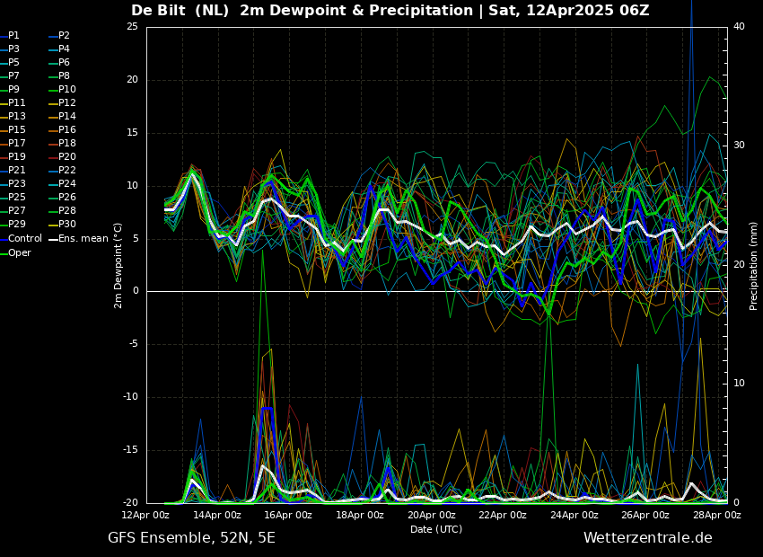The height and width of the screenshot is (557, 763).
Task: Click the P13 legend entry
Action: click(x=13, y=116)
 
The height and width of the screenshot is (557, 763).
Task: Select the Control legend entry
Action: click(x=21, y=239)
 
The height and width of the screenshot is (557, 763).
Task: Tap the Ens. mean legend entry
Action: click(x=78, y=239)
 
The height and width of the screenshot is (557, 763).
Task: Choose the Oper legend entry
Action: click(x=15, y=252)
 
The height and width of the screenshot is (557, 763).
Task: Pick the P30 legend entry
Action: click(x=63, y=224)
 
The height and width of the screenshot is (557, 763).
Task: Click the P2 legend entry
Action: click(x=59, y=36)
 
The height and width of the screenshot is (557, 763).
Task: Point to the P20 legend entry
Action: click(x=63, y=157)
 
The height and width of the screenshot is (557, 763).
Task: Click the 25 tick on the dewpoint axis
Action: click(x=132, y=26)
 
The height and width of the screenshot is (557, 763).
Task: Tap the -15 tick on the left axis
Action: click(x=130, y=450)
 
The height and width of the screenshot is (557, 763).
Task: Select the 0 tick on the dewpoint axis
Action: click(x=136, y=291)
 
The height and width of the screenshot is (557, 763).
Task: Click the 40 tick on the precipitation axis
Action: click(x=739, y=26)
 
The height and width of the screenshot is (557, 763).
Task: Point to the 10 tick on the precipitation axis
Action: click(x=739, y=384)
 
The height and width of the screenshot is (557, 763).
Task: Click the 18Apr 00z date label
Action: click(x=360, y=515)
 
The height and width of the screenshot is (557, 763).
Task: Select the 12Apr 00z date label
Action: click(x=146, y=515)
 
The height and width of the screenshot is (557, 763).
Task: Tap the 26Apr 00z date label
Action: click(x=645, y=515)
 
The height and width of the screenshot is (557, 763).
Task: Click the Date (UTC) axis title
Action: click(x=436, y=529)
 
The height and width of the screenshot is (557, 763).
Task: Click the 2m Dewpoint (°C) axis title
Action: click(x=118, y=266)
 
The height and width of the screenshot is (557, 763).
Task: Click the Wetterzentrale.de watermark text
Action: click(x=648, y=538)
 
